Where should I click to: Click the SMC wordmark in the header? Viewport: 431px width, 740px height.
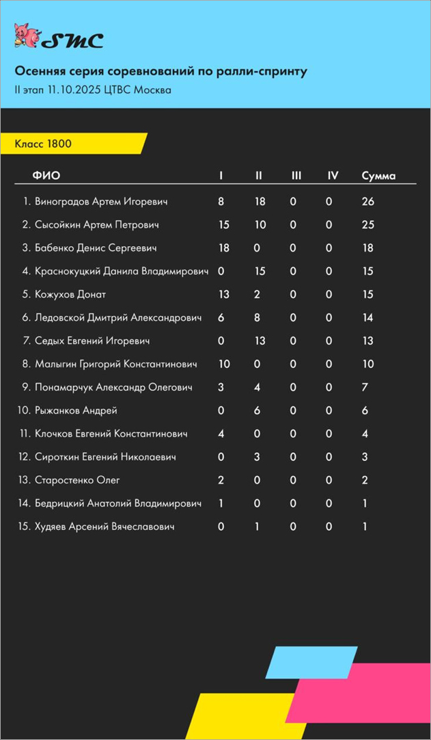[x=73, y=41]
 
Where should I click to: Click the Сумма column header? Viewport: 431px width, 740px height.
[x=378, y=176]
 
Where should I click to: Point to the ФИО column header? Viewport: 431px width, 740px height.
[x=46, y=176]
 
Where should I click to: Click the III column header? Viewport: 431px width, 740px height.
[x=296, y=176]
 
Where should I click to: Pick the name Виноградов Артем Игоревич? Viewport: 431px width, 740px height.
[x=101, y=202]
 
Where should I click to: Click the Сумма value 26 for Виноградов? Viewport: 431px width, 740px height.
[x=368, y=202]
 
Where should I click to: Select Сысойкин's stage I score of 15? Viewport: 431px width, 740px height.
[x=223, y=225]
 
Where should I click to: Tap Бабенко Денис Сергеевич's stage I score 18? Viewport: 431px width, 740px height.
[x=223, y=248]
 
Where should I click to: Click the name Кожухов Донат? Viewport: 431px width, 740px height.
[x=70, y=295]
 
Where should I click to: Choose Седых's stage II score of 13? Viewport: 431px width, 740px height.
[x=260, y=341]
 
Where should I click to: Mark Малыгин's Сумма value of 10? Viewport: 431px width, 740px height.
[x=368, y=365]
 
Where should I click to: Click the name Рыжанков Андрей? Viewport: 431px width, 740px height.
[x=76, y=411]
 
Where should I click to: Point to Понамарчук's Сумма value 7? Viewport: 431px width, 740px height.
[x=365, y=388]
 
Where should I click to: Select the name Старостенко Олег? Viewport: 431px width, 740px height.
[x=77, y=481]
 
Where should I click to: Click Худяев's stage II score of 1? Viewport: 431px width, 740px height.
[x=257, y=527]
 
